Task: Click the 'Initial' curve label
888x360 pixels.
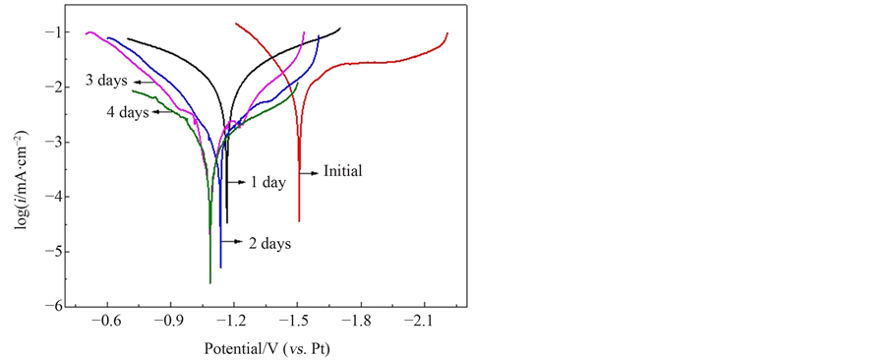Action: coord(343,171)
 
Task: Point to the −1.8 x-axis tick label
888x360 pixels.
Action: coord(360,321)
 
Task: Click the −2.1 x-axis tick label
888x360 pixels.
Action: coord(423,321)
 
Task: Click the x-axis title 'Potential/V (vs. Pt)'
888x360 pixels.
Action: coord(266,348)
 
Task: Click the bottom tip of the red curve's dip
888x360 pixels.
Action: coord(299,221)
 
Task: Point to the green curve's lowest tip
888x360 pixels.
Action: coord(210,283)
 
